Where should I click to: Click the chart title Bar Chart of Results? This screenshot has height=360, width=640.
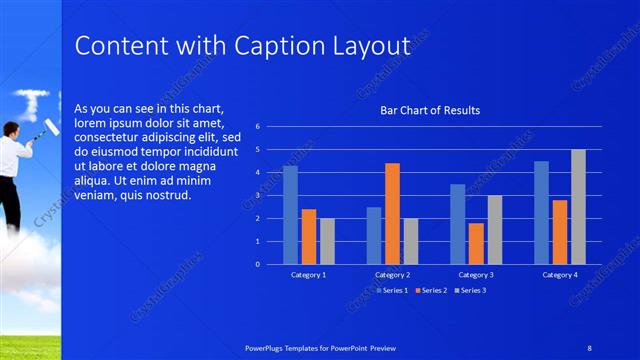point(430,110)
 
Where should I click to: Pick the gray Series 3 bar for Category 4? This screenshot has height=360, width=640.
point(579,207)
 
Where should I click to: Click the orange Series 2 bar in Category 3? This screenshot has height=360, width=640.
point(476,243)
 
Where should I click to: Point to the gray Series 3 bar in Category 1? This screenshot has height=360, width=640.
point(328,241)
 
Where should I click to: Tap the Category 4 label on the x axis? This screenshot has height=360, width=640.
point(560,273)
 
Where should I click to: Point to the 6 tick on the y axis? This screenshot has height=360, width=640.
point(258,127)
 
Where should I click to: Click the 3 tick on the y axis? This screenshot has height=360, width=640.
point(258,196)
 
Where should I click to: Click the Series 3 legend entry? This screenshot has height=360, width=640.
point(471,291)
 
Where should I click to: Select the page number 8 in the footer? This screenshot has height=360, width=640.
point(589,347)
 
